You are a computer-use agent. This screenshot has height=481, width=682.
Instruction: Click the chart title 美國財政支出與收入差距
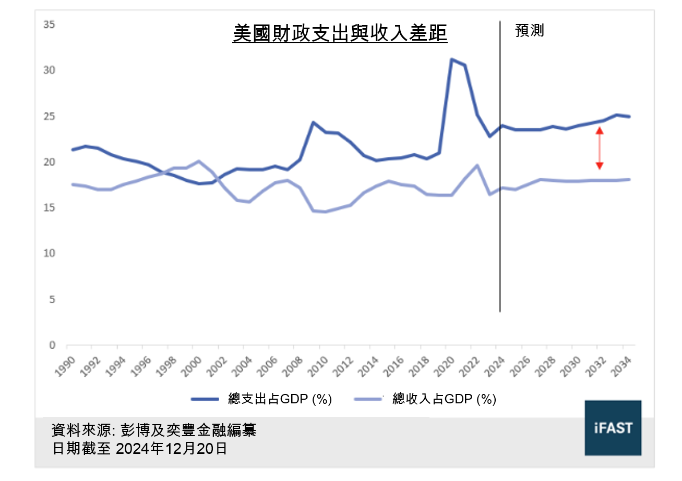click(x=340, y=34)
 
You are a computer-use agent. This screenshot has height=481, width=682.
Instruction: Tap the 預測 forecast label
click(x=529, y=31)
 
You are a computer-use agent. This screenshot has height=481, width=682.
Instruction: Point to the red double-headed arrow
click(x=600, y=149)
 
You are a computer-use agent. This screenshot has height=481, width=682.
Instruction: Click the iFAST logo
click(x=613, y=428)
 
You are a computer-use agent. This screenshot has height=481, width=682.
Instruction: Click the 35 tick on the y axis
click(x=51, y=24)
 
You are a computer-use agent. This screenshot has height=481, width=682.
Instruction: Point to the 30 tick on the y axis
click(x=51, y=70)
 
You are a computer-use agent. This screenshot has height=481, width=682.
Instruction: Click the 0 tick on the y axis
click(x=53, y=345)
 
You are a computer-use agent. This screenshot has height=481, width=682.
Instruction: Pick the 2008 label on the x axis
click(x=294, y=362)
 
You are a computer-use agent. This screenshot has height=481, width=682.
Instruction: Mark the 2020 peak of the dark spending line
click(x=452, y=59)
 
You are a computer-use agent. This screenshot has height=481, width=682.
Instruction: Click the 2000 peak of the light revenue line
click(x=199, y=162)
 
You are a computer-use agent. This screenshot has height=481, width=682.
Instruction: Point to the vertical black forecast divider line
click(x=500, y=167)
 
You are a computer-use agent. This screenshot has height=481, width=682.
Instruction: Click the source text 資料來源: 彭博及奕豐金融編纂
click(x=154, y=430)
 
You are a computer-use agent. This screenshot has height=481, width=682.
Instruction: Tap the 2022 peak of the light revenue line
click(x=477, y=165)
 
